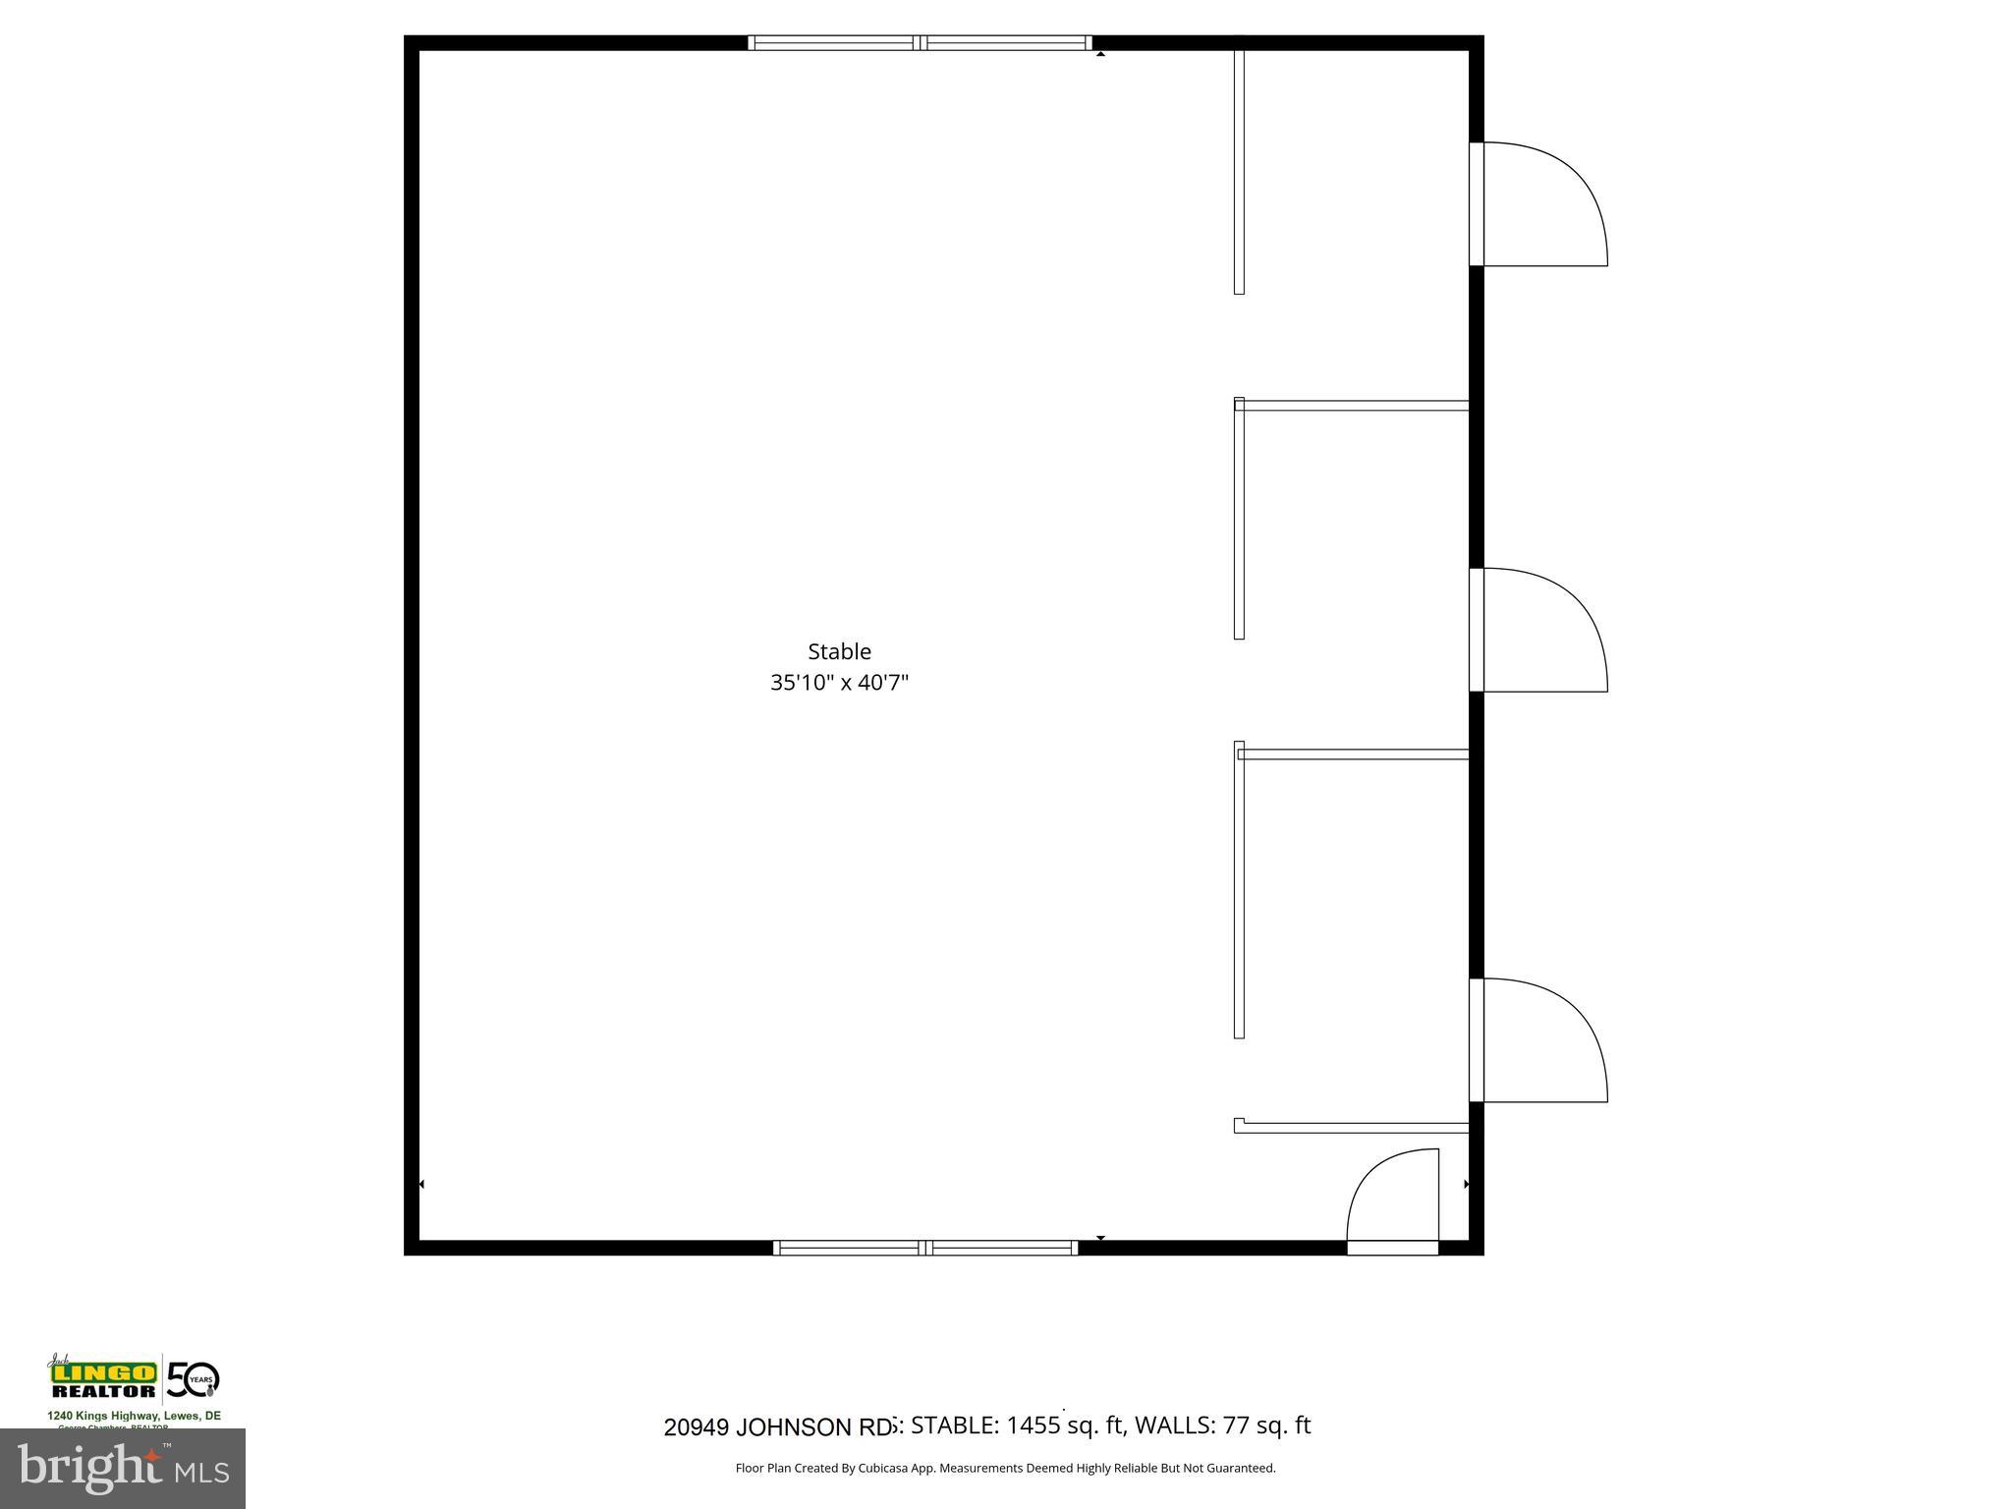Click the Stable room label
[x=839, y=651]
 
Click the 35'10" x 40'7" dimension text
[x=839, y=683]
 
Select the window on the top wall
[x=920, y=42]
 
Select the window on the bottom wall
[x=925, y=1248]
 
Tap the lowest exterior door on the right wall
[x=1542, y=1040]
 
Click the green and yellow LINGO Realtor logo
[x=103, y=1378]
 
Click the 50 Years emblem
[x=193, y=1379]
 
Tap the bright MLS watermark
[x=123, y=1468]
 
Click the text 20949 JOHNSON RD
[x=778, y=1426]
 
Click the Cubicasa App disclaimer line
[x=1005, y=1468]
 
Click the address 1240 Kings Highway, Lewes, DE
[x=135, y=1416]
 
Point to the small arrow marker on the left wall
[x=422, y=1185]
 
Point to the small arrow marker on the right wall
[x=1466, y=1185]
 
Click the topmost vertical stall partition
[x=1239, y=167]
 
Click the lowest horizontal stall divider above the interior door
[x=1351, y=1127]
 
